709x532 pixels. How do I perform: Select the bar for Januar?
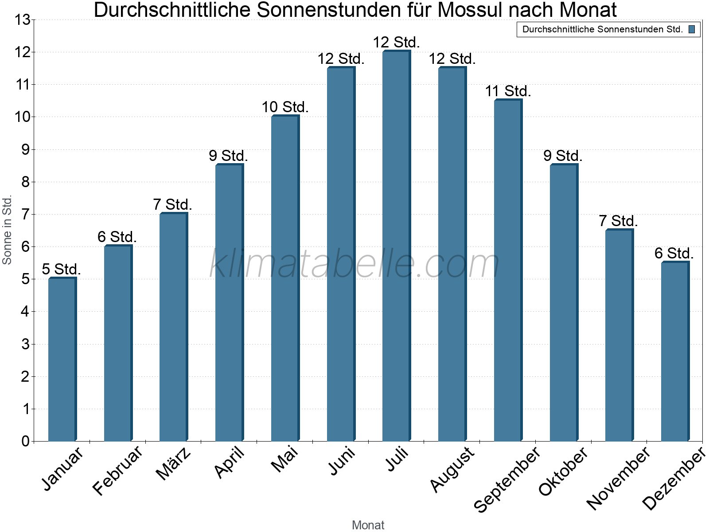(62, 359)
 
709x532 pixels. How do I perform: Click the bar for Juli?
(396, 246)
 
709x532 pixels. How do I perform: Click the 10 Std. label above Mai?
(285, 107)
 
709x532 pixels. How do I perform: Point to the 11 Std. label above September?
(508, 91)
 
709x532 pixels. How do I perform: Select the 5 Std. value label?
(61, 269)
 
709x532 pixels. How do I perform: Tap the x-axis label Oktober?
(563, 471)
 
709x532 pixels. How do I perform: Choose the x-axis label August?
(452, 469)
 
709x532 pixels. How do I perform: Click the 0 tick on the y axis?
(25, 441)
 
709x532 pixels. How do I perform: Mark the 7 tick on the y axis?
(25, 215)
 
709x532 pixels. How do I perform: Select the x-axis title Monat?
(368, 525)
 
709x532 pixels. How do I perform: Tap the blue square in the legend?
(692, 30)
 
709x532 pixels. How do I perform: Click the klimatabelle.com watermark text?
(354, 264)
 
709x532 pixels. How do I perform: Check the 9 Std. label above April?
(228, 156)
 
